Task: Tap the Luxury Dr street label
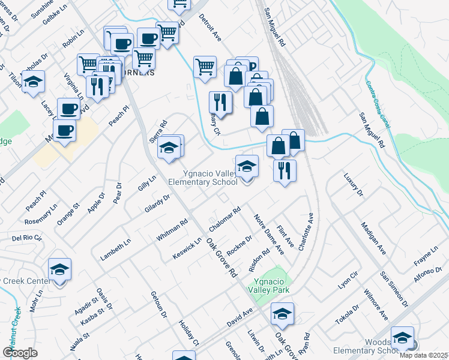[354, 185]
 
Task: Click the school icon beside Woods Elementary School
[403, 337]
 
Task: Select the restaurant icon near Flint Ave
[285, 170]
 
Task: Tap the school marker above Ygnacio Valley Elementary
[247, 166]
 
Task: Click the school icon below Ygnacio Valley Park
[282, 313]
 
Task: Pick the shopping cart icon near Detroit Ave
[205, 67]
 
